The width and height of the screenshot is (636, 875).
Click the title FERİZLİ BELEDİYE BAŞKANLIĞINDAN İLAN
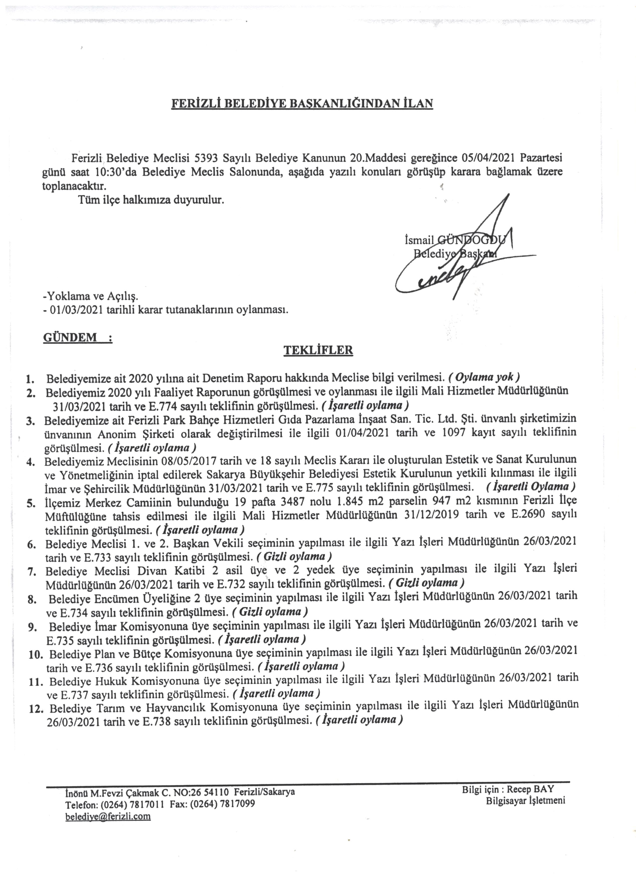pyautogui.click(x=302, y=104)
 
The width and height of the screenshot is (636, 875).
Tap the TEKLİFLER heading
pyautogui.click(x=318, y=350)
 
